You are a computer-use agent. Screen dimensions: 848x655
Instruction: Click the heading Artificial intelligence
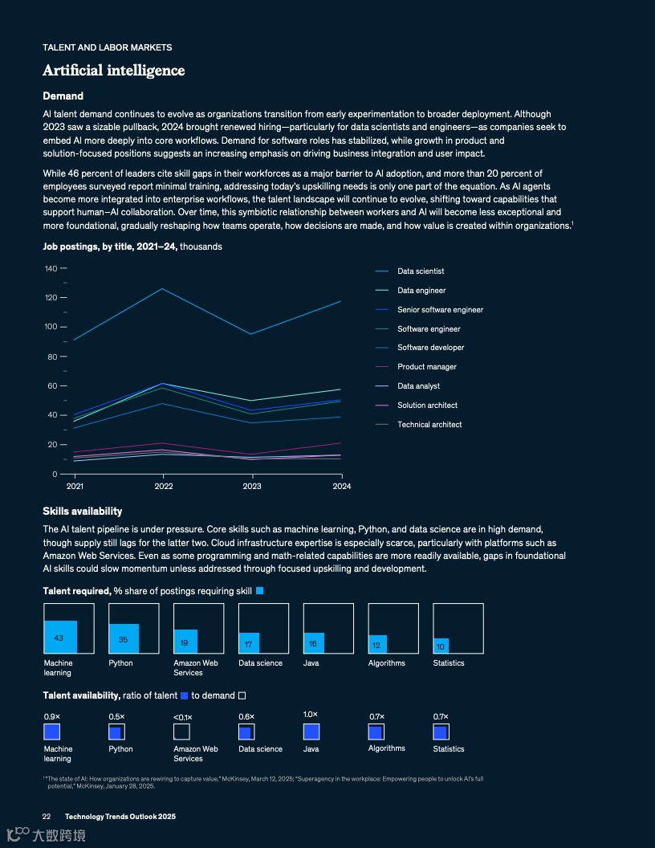(114, 71)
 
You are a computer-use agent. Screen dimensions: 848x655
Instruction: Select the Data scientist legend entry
(421, 271)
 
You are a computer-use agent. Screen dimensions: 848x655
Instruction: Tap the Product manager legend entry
(426, 367)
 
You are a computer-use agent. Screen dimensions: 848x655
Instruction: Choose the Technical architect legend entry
(429, 425)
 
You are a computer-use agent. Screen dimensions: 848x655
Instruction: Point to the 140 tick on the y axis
(51, 268)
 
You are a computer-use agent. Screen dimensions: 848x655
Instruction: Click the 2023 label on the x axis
(252, 486)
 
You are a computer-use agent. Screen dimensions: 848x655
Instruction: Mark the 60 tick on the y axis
(52, 385)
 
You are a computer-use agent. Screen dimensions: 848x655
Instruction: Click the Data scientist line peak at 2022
(163, 289)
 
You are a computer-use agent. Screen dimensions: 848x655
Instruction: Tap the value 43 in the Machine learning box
(59, 638)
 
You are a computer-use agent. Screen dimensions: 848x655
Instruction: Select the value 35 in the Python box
(123, 640)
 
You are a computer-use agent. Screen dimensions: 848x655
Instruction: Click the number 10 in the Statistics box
(440, 646)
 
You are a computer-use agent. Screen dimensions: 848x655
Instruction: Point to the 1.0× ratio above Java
(311, 715)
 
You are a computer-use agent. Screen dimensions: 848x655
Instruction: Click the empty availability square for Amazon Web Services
(181, 732)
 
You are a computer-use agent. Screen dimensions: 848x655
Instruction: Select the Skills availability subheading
(82, 512)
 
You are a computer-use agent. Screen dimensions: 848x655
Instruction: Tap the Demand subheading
(63, 96)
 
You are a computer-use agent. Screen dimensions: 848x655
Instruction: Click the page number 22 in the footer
(47, 816)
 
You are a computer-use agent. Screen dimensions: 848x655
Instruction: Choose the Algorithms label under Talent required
(387, 663)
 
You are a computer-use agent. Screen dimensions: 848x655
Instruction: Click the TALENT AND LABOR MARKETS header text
(107, 47)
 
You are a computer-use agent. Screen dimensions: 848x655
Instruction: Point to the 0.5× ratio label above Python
(116, 717)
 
